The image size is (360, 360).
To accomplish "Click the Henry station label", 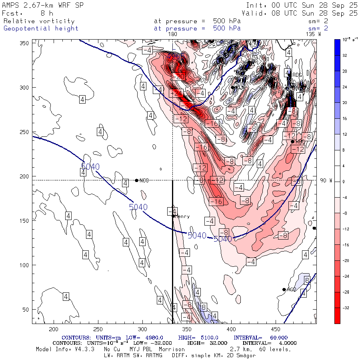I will point(182,216).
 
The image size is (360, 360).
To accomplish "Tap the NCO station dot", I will point(137,180).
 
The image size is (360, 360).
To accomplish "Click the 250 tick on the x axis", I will point(98,329).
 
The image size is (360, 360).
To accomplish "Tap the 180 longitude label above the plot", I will point(172,34).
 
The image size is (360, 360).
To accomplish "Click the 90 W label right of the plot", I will point(326,180).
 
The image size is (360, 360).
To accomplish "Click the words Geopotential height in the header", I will point(41,28).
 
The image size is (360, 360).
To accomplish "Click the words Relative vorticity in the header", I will point(39,21).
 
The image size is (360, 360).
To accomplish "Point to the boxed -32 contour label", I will point(186,105).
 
